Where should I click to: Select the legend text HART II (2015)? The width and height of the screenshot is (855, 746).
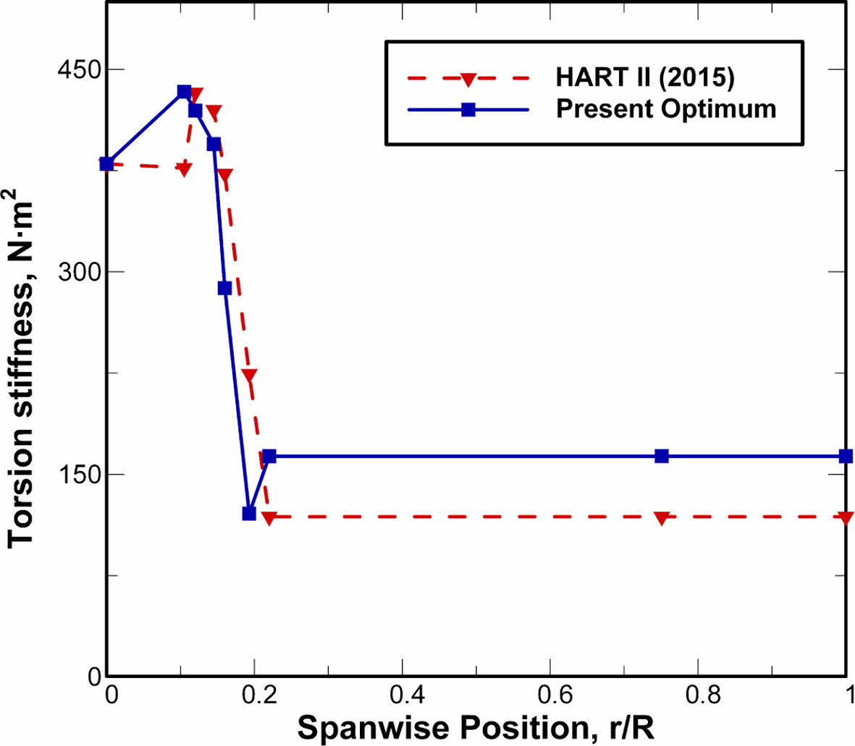pos(645,77)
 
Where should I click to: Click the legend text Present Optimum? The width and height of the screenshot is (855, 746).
pos(666,109)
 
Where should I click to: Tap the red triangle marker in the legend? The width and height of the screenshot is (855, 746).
pos(468,77)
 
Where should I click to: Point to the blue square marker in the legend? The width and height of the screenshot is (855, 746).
pos(468,110)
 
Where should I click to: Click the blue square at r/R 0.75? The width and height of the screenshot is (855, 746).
pos(662,456)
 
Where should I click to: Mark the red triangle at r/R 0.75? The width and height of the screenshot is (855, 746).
pos(662,518)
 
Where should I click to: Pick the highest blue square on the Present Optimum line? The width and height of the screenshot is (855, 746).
pos(184,92)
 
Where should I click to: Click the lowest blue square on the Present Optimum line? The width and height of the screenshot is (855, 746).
pos(249,514)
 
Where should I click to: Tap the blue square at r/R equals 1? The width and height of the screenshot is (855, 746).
pos(846,456)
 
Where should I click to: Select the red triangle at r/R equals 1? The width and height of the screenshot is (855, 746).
pos(846,518)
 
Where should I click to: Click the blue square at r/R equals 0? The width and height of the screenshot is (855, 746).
pos(107,164)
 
